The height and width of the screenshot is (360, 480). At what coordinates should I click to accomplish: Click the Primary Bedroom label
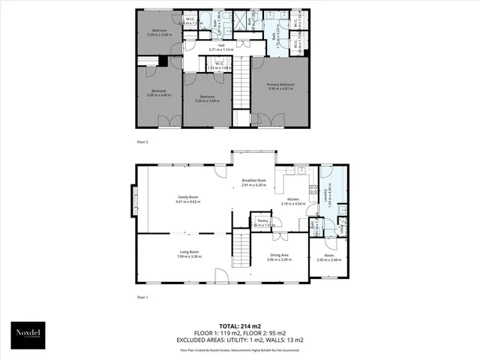click(281, 87)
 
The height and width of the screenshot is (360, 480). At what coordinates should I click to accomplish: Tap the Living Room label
click(189, 254)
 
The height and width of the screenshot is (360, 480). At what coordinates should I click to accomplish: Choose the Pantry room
click(262, 222)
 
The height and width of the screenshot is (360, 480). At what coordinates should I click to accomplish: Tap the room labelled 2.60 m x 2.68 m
click(328, 258)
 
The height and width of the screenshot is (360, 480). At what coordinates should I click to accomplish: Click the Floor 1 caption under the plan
click(142, 297)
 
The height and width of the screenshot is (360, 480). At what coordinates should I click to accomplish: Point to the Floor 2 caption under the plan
click(142, 140)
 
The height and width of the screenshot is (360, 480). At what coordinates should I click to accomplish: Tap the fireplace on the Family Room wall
click(134, 199)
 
